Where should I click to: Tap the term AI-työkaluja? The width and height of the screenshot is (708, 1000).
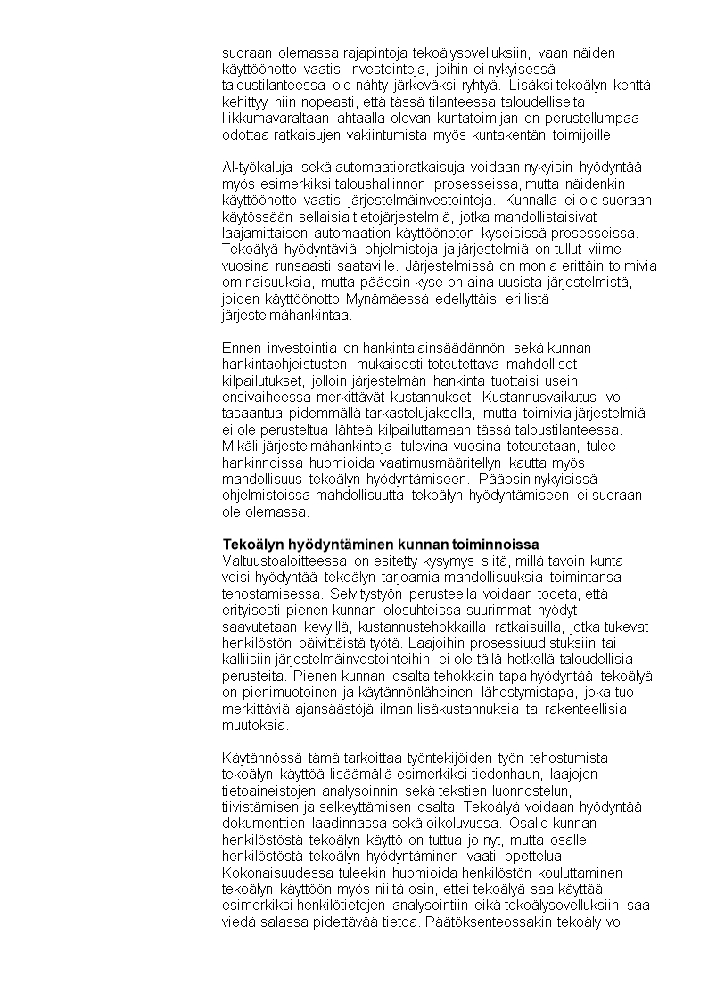point(259,167)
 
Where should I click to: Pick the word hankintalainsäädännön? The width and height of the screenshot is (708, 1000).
point(435,348)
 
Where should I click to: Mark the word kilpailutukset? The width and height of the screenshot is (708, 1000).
point(263,380)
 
